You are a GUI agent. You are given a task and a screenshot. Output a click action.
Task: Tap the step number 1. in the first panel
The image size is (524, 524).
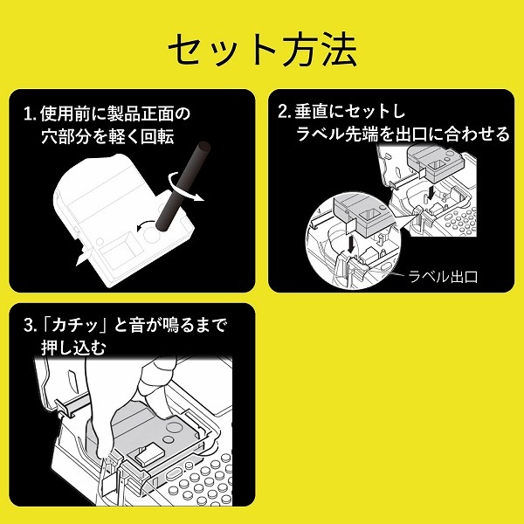tap(31, 114)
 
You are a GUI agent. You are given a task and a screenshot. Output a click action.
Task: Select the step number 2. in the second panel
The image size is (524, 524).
tap(284, 113)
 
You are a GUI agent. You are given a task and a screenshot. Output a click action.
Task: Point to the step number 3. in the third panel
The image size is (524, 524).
tap(31, 327)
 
